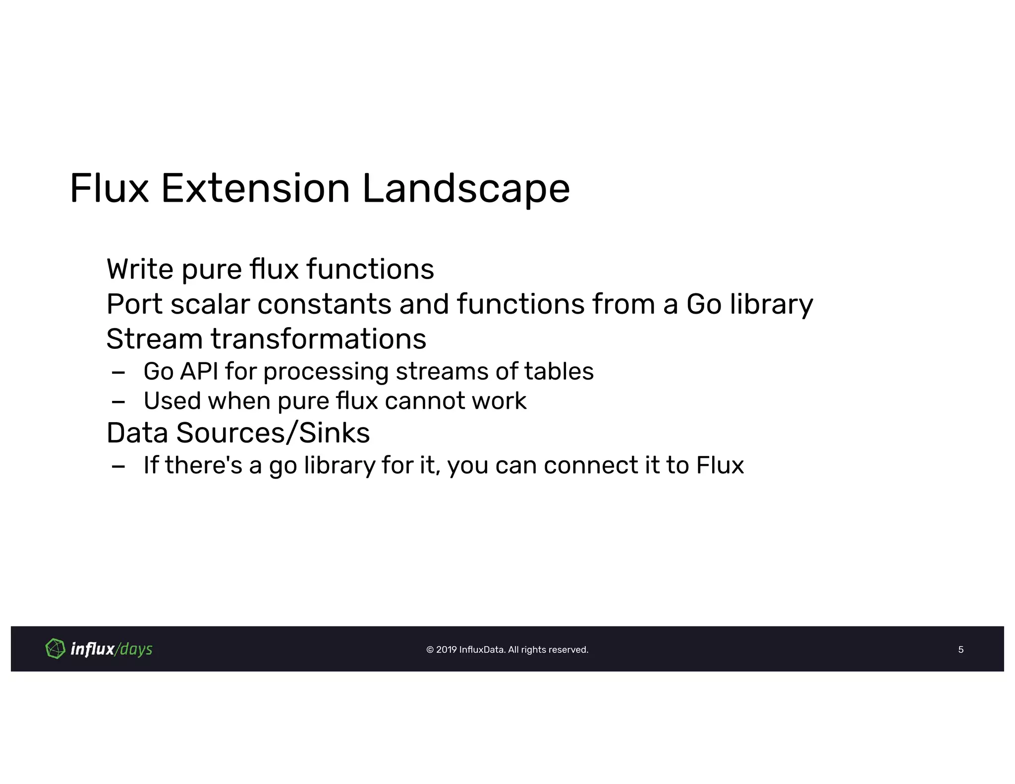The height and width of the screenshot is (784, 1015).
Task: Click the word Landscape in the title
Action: click(466, 189)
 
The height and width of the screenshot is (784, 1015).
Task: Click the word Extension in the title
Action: click(255, 189)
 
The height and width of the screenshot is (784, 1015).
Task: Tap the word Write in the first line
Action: click(140, 269)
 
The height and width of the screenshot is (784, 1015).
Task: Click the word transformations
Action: click(318, 339)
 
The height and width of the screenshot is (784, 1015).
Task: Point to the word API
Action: click(199, 371)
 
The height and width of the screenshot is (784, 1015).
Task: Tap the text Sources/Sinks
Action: click(273, 433)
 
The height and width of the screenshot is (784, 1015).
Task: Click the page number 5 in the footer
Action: click(960, 649)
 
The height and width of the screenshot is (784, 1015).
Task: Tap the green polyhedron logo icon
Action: click(55, 648)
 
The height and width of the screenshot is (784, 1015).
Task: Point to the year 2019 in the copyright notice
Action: click(446, 650)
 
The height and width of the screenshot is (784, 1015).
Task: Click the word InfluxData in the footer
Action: click(481, 650)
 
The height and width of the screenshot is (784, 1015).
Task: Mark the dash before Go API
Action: click(118, 372)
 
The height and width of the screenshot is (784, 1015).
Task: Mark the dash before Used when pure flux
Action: click(118, 401)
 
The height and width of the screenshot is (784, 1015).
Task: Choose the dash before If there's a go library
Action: click(118, 466)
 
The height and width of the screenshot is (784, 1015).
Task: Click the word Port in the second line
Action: click(134, 304)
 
